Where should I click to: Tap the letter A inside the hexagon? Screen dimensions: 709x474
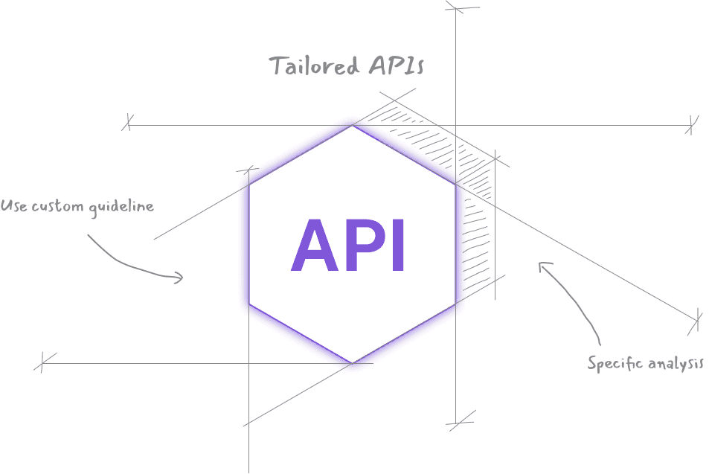[312, 246]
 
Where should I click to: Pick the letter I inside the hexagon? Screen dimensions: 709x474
[397, 246]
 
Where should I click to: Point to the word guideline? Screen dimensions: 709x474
[121, 207]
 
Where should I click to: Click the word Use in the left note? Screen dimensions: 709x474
[13, 205]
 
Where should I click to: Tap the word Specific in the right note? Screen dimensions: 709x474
[615, 364]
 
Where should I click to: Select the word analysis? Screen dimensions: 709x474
[676, 364]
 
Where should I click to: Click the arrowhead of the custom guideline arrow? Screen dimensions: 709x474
[179, 278]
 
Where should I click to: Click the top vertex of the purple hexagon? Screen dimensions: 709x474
[352, 120]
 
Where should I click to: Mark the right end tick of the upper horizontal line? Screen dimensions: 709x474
[693, 124]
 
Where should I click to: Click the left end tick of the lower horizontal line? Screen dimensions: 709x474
[43, 363]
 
